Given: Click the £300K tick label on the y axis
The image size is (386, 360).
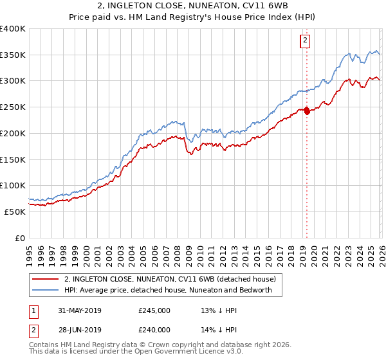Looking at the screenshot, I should point(13,81).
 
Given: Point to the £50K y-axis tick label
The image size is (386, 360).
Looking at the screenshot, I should point(15,212).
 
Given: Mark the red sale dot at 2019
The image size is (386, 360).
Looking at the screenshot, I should point(307,111).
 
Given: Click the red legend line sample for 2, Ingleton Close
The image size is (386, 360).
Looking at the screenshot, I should point(46,279).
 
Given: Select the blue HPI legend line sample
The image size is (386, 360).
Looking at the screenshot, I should point(46,290).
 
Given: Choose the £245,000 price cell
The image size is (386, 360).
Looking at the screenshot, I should point(154,310).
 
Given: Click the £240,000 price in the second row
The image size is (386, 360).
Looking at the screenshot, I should point(154,330).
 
